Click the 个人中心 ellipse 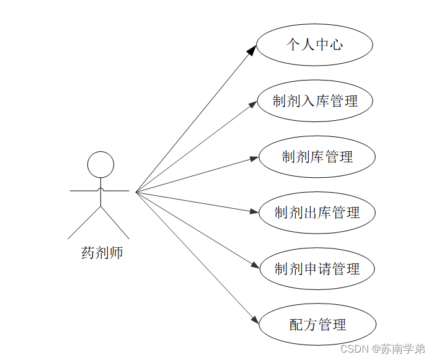314,45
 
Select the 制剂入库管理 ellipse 314,100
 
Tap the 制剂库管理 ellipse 317,157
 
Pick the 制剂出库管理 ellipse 317,213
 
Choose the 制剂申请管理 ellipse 317,269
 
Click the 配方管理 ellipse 317,324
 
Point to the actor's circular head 100,165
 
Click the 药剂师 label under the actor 102,253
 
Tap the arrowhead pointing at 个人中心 251,50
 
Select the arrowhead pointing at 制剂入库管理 252,103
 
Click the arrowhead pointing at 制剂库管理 254,158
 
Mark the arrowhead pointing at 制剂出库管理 254,212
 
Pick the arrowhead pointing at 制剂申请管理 254,266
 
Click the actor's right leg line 115,222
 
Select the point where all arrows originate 136,192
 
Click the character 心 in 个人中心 335,45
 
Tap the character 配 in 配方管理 296,324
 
